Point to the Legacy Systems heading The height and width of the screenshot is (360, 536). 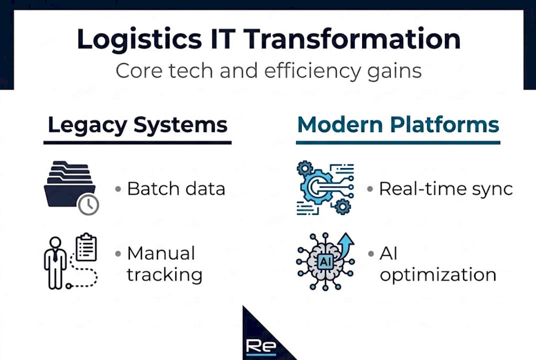click(137, 124)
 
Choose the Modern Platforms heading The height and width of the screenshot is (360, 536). click(398, 124)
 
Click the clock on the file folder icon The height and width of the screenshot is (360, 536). click(88, 204)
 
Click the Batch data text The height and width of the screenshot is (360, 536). click(176, 189)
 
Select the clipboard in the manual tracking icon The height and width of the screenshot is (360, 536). click(86, 247)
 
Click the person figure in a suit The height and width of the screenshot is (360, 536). click(55, 262)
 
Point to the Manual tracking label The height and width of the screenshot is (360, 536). click(164, 264)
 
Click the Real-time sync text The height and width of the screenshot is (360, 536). click(446, 189)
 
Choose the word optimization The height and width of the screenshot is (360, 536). click(438, 275)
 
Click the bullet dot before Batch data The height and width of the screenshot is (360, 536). click(118, 189)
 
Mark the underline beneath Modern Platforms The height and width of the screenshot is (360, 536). click(398, 142)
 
